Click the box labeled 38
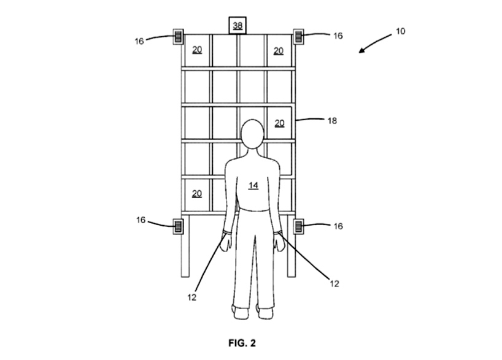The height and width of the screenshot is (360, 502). [237, 26]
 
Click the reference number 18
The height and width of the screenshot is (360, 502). [332, 121]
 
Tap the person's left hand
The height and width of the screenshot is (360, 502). [225, 243]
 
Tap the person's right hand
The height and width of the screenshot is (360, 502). [279, 244]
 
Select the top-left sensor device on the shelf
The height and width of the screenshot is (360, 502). [179, 37]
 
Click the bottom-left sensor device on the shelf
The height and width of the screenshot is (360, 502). [179, 226]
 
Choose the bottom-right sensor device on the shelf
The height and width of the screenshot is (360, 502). [299, 226]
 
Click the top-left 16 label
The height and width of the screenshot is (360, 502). [139, 41]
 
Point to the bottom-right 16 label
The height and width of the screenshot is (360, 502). [338, 226]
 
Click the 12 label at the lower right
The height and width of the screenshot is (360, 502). [334, 283]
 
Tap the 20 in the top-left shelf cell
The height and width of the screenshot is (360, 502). [197, 50]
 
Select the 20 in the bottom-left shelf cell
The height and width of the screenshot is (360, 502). [197, 193]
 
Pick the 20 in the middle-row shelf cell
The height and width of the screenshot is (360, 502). [279, 123]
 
